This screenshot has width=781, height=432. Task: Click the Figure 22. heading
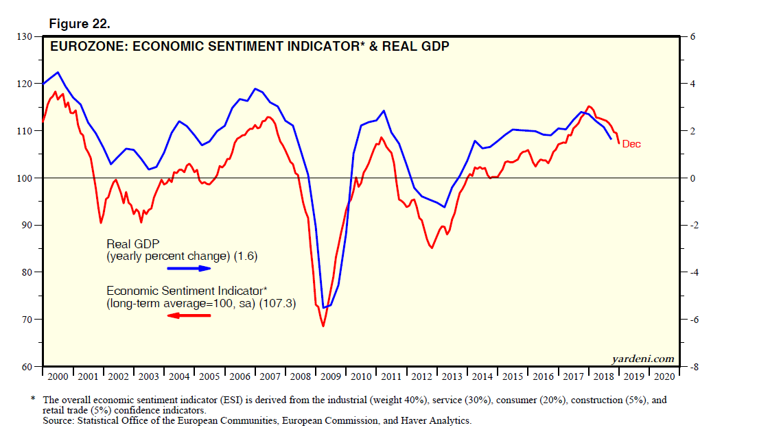pyautogui.click(x=80, y=24)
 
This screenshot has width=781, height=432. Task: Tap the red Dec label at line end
pyautogui.click(x=631, y=144)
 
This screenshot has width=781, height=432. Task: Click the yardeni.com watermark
pyautogui.click(x=642, y=359)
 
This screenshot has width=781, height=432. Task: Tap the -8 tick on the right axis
pyautogui.click(x=691, y=367)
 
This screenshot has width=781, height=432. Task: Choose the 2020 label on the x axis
pyautogui.click(x=664, y=376)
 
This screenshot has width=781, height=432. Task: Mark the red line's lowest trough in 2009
pyautogui.click(x=323, y=326)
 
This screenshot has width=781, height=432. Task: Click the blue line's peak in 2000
pyautogui.click(x=58, y=72)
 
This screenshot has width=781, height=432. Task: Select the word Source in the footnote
pyautogui.click(x=57, y=420)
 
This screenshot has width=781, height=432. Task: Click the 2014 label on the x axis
pyautogui.click(x=482, y=376)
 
